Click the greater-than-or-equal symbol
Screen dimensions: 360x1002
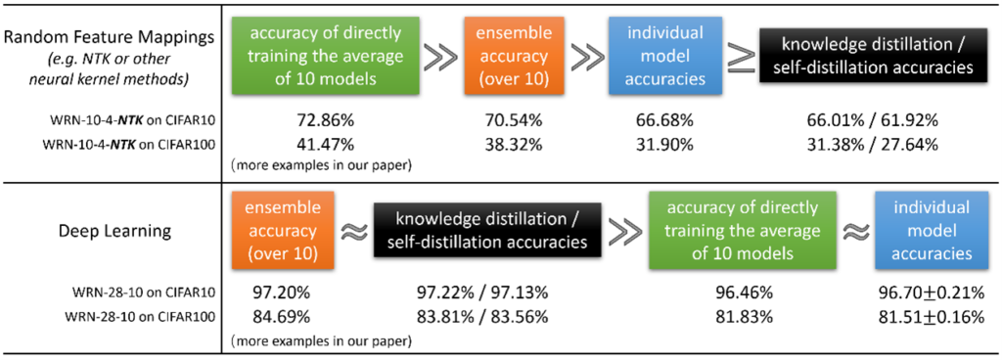coord(741,57)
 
